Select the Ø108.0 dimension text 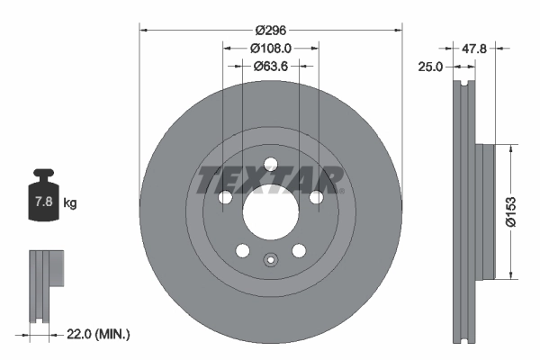pyautogui.click(x=269, y=48)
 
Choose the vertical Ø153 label pyautogui.click(x=509, y=211)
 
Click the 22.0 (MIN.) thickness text pyautogui.click(x=99, y=334)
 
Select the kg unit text pyautogui.click(x=70, y=203)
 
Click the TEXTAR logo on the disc pyautogui.click(x=269, y=179)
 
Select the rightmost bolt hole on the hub pyautogui.click(x=316, y=198)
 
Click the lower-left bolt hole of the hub pyautogui.click(x=240, y=252)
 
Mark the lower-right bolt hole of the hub pyautogui.click(x=298, y=252)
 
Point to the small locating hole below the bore pyautogui.click(x=269, y=262)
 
